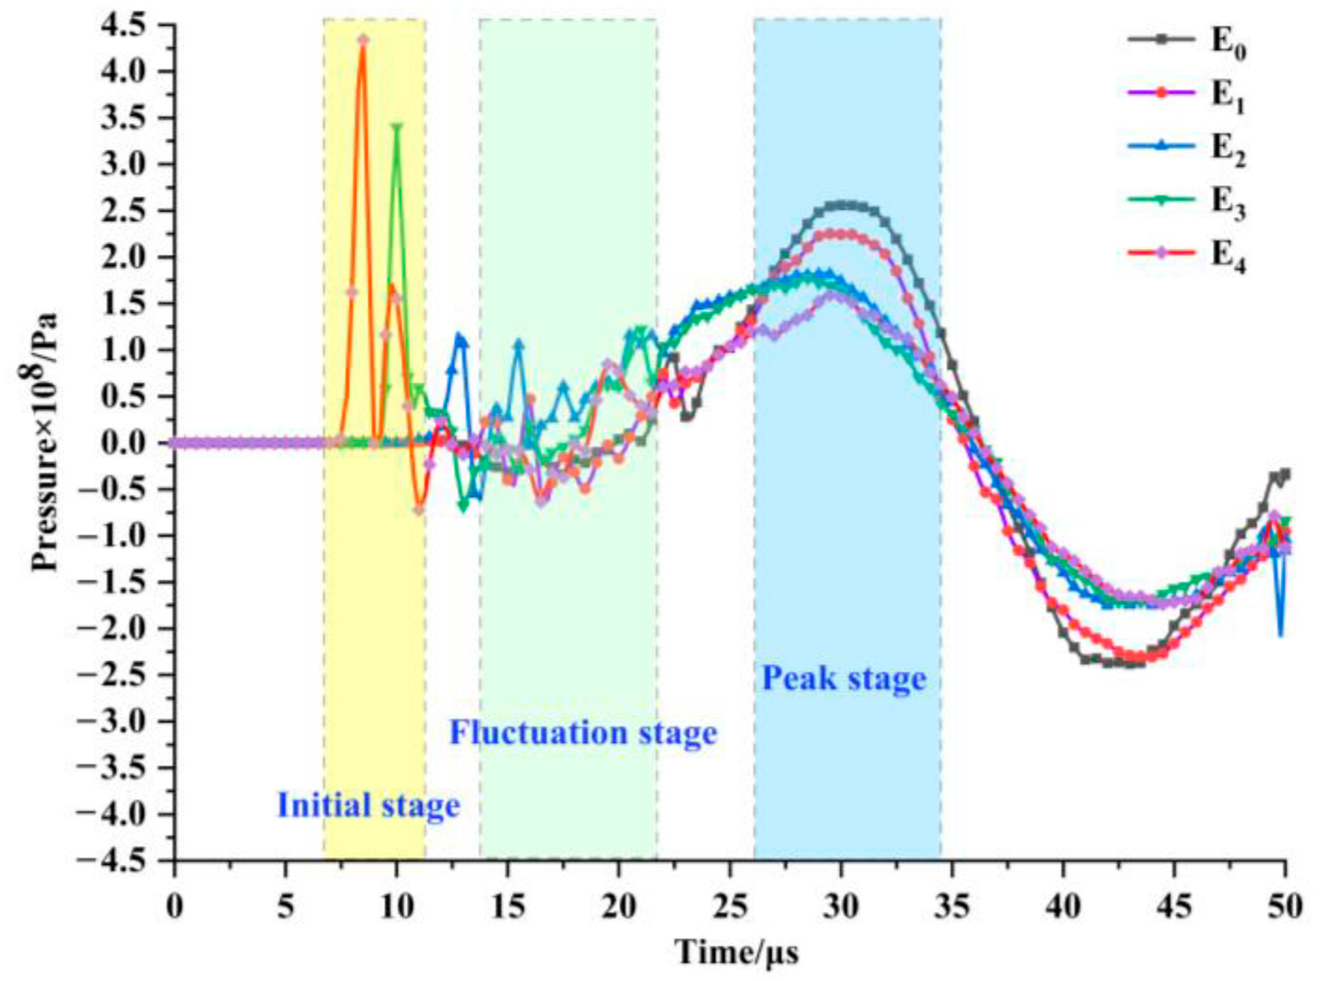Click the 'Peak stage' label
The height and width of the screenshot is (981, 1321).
844,679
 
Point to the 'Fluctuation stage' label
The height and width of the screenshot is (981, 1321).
583,733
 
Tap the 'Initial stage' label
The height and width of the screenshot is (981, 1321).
368,805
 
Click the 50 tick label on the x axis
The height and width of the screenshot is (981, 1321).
1284,906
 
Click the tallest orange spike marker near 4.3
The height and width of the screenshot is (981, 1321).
363,40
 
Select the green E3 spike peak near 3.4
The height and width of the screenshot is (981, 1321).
397,128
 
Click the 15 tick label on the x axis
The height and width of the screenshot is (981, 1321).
508,906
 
